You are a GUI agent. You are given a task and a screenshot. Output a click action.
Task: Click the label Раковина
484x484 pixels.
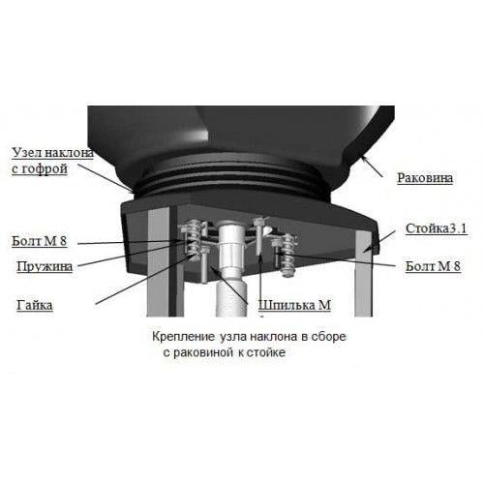[425, 178]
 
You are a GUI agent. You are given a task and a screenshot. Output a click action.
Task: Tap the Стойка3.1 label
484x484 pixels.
[436, 228]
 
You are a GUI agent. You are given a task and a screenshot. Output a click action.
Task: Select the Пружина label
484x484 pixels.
[45, 267]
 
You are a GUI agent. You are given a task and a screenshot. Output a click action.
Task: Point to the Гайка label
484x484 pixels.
[35, 305]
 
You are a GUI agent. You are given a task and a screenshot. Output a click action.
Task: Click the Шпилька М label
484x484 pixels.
[294, 305]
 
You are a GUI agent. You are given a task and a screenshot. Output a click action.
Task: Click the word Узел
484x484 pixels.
[26, 153]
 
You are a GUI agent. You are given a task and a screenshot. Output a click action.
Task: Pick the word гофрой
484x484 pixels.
[45, 169]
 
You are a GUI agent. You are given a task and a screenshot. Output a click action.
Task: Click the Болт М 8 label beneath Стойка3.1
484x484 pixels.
[433, 266]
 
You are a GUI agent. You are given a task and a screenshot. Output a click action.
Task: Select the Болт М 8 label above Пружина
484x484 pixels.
[40, 241]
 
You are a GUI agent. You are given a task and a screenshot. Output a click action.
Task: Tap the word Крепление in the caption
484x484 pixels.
[183, 337]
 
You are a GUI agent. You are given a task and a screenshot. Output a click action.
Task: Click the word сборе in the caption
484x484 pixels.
[328, 337]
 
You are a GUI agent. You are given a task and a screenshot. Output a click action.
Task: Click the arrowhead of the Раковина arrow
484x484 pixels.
[364, 158]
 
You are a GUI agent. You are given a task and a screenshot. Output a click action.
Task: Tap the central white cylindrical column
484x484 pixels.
[231, 268]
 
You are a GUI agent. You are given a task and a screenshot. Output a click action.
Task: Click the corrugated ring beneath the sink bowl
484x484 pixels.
[232, 181]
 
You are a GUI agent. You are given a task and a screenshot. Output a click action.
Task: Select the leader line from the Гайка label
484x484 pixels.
[146, 279]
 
